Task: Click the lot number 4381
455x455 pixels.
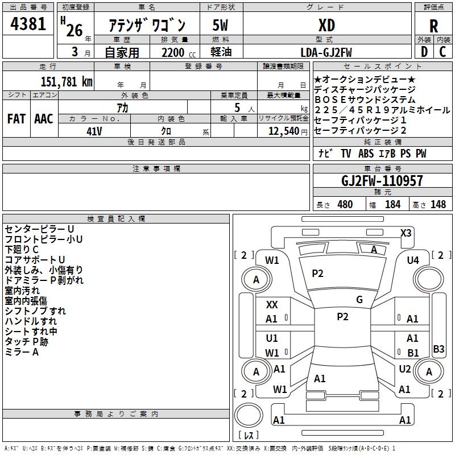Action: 28,24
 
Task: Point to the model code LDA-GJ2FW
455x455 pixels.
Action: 326,52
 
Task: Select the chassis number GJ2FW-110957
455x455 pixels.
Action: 382,181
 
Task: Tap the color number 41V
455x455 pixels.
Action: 94,131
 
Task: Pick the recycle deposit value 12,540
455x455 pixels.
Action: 283,131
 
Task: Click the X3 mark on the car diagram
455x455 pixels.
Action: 406,233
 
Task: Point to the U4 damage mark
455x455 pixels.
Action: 412,260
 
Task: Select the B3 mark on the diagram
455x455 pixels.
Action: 439,349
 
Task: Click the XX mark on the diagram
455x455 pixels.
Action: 272,305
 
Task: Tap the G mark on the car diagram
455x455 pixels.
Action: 359,299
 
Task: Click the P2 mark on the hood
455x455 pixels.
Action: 317,274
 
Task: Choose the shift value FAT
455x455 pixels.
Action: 16,118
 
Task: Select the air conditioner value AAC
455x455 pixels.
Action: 44,118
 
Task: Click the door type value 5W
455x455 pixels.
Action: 220,25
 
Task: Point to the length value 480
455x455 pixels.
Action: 345,204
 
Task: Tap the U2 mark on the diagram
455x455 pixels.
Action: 404,369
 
